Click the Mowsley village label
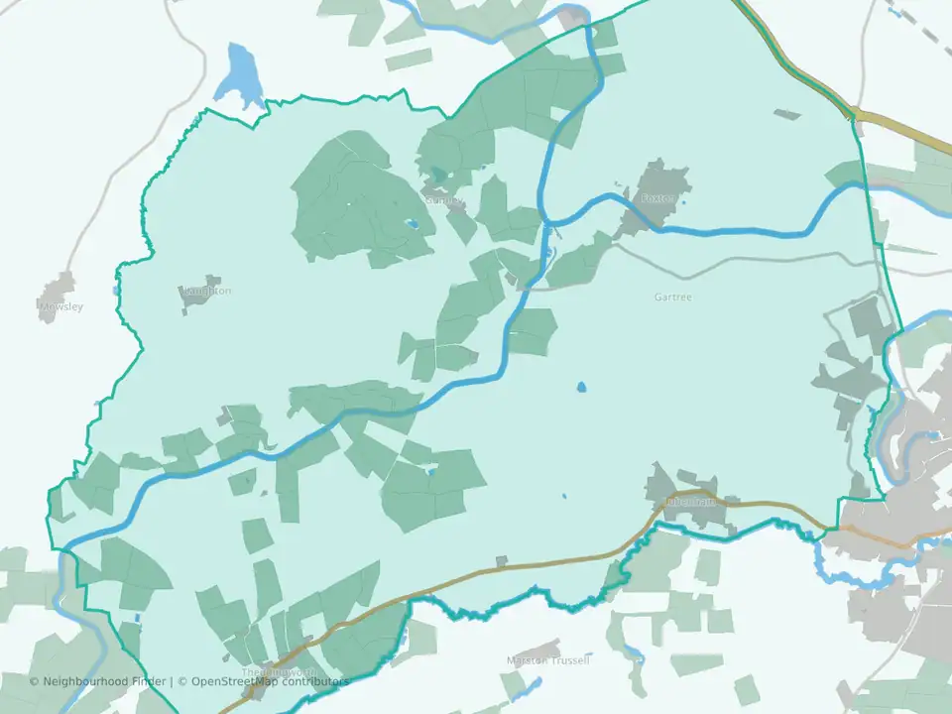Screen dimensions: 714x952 click(x=61, y=306)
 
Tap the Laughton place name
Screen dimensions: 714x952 click(x=207, y=291)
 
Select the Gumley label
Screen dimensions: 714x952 click(x=443, y=200)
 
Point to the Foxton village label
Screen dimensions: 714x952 click(x=657, y=199)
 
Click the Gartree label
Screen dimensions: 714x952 click(x=672, y=297)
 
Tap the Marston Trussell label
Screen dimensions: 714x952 click(x=548, y=660)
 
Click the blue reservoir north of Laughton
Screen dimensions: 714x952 click(x=241, y=73)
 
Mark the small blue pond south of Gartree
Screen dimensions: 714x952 click(x=581, y=387)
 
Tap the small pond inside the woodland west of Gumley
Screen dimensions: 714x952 click(x=411, y=224)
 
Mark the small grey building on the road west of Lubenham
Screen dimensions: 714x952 click(x=502, y=561)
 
